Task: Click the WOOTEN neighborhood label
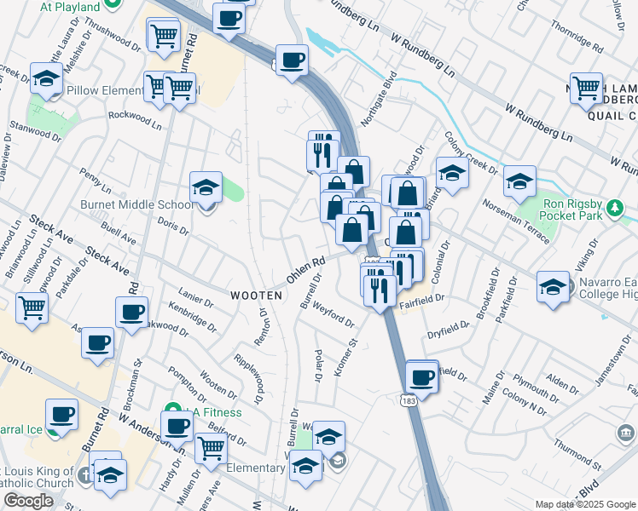tap(256, 295)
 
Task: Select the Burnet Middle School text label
tap(136, 204)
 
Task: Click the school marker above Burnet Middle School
tap(206, 187)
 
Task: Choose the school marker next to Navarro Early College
tap(553, 286)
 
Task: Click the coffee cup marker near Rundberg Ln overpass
tap(292, 60)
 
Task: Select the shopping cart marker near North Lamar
tap(587, 87)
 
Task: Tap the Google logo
tap(28, 501)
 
